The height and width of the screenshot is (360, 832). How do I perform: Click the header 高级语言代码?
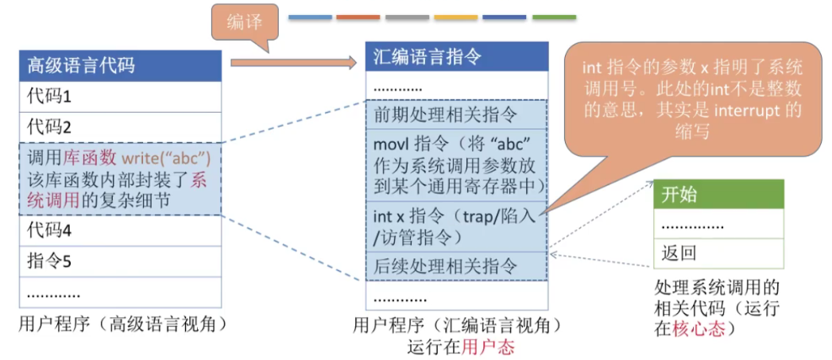[120, 65]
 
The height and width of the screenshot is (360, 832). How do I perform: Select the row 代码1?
[120, 97]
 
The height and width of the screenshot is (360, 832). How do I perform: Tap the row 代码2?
[120, 126]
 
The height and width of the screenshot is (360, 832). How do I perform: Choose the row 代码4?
[120, 230]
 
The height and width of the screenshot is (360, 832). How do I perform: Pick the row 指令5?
[120, 261]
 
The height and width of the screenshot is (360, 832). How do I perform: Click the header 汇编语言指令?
[456, 57]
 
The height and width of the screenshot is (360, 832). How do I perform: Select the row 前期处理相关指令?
[456, 115]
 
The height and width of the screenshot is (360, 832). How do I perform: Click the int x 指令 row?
[456, 226]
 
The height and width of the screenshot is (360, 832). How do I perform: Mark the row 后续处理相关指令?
[456, 265]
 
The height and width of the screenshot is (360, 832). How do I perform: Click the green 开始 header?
[718, 195]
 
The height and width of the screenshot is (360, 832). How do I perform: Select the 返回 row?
[718, 254]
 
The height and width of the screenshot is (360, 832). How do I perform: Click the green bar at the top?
[554, 17]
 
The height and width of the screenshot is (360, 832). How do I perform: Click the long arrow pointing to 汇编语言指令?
[293, 62]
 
